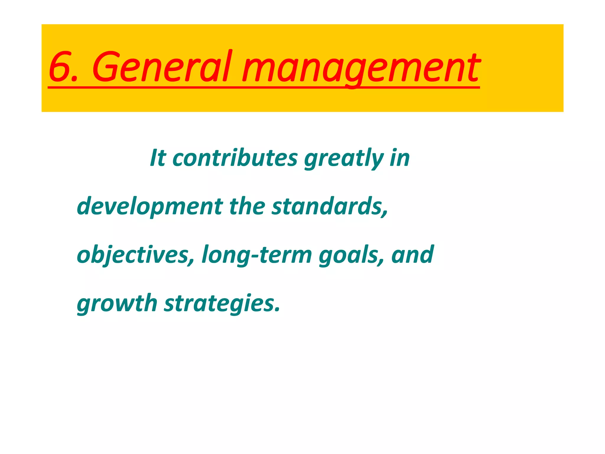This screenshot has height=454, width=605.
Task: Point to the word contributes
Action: (235, 158)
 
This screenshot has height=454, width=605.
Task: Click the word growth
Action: (117, 304)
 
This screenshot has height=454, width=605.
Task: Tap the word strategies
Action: (219, 304)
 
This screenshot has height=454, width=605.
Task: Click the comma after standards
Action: (385, 213)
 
